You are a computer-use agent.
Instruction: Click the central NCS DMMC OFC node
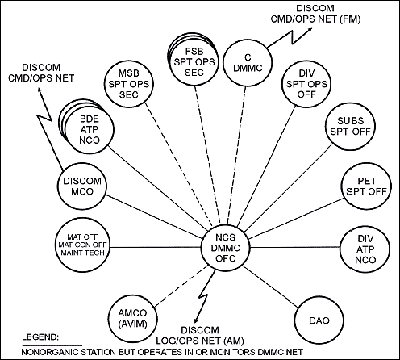226,248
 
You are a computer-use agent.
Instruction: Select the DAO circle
319,320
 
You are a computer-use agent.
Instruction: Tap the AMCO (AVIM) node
133,318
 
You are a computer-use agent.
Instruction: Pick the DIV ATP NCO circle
365,249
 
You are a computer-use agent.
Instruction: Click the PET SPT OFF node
366,186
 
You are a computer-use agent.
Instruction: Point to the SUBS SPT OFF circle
350,126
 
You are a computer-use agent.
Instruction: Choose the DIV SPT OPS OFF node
306,84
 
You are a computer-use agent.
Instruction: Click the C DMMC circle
248,63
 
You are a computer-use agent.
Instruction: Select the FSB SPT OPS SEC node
194,61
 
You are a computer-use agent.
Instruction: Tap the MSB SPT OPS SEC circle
128,84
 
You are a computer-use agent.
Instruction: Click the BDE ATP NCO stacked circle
89,129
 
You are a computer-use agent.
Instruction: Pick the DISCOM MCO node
82,186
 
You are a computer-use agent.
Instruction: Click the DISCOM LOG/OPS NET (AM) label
200,336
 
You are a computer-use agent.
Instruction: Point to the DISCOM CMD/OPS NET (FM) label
315,14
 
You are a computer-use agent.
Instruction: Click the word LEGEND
40,337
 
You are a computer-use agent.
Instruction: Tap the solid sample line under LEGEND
52,345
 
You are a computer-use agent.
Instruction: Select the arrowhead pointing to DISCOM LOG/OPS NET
197,319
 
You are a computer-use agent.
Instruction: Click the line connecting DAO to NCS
271,287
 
